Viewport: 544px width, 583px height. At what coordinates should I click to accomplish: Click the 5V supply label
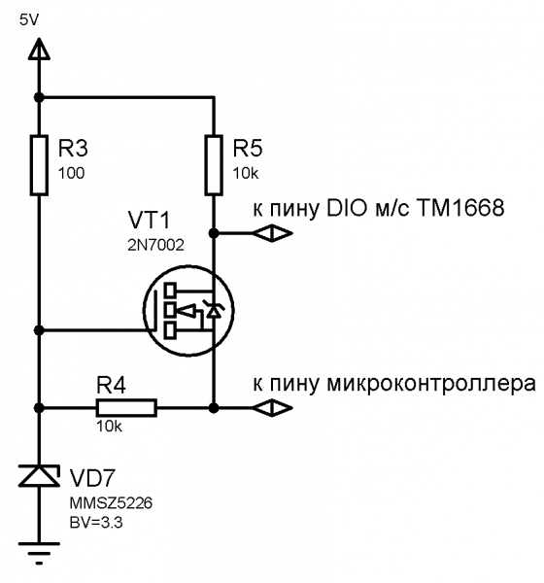(x=29, y=20)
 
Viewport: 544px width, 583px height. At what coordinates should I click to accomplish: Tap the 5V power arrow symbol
(x=39, y=49)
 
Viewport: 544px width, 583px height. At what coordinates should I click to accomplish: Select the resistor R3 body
(x=39, y=165)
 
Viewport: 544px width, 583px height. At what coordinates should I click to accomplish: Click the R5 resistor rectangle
(x=214, y=165)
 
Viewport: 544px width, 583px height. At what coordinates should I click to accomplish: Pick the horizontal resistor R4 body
(x=126, y=408)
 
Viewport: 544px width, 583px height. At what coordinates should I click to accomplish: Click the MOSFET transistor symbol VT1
(x=188, y=311)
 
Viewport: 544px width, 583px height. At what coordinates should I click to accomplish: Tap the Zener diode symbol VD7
(x=39, y=475)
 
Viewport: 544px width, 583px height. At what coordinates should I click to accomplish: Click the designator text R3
(x=73, y=148)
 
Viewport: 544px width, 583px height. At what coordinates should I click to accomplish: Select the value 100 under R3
(x=71, y=173)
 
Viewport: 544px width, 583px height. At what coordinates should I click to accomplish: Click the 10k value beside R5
(x=246, y=173)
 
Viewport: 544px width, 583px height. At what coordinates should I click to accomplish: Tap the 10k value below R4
(x=109, y=427)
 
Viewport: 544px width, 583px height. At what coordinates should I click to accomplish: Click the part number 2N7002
(x=155, y=245)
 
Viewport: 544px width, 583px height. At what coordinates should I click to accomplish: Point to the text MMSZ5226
(x=111, y=503)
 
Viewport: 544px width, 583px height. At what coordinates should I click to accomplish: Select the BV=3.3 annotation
(x=96, y=523)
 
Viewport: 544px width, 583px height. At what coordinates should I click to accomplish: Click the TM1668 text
(x=460, y=208)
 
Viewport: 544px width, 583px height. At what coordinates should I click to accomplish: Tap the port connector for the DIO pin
(x=273, y=233)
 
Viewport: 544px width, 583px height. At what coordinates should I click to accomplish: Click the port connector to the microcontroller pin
(x=273, y=408)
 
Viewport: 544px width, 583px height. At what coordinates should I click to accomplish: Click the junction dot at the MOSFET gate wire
(x=39, y=329)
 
